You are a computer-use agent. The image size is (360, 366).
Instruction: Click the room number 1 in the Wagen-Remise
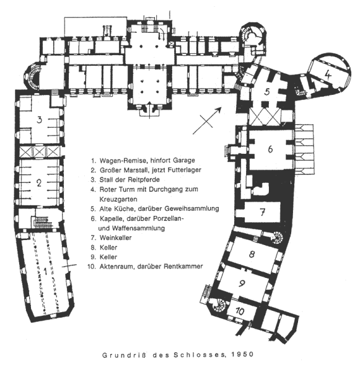pyautogui.click(x=45, y=272)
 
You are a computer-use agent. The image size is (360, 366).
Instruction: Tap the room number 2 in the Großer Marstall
pyautogui.click(x=39, y=183)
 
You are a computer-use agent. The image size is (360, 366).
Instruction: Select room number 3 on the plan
pyautogui.click(x=40, y=120)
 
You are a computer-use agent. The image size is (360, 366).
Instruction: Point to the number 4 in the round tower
pyautogui.click(x=328, y=74)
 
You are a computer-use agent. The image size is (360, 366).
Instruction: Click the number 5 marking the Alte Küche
pyautogui.click(x=267, y=92)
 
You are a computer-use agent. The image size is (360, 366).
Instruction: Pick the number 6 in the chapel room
pyautogui.click(x=270, y=149)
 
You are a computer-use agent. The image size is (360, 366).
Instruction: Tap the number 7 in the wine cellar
pyautogui.click(x=263, y=212)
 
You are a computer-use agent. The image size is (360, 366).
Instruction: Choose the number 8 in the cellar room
pyautogui.click(x=252, y=254)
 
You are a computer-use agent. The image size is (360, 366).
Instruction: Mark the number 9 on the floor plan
pyautogui.click(x=242, y=283)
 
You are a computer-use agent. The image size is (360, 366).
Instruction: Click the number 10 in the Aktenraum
pyautogui.click(x=240, y=311)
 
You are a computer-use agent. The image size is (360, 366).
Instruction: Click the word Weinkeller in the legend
pyautogui.click(x=115, y=238)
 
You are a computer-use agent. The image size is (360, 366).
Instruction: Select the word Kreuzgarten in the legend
pyautogui.click(x=118, y=199)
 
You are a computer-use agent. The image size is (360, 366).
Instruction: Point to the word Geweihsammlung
pyautogui.click(x=191, y=208)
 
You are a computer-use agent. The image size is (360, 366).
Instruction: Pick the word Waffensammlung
pyautogui.click(x=139, y=228)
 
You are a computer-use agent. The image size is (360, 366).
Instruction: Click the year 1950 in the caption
pyautogui.click(x=242, y=354)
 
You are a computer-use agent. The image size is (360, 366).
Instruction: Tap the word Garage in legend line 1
pyautogui.click(x=184, y=161)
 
